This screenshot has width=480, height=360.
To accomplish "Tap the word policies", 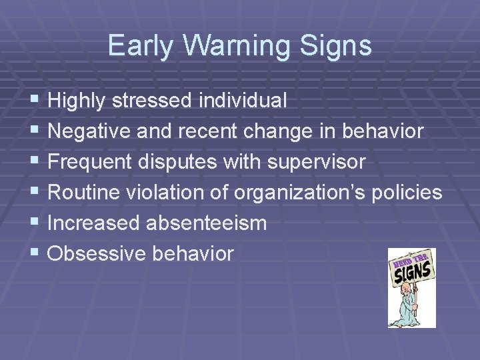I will coord(408,193).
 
